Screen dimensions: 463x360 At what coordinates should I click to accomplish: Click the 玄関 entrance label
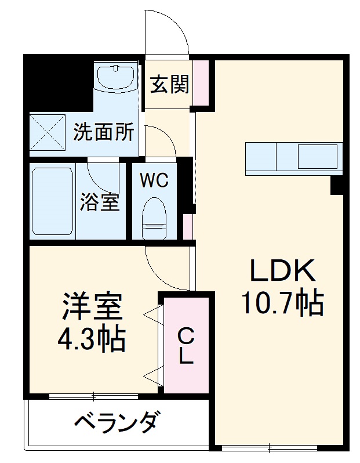[x=170, y=85]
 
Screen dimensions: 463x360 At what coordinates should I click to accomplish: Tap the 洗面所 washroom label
[x=104, y=132]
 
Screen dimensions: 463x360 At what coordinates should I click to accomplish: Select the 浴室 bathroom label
[x=100, y=202]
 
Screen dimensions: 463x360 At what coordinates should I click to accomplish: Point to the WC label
[x=154, y=180]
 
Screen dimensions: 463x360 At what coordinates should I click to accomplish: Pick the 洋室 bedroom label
[x=93, y=308]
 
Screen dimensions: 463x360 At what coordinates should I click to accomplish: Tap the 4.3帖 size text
[x=92, y=340]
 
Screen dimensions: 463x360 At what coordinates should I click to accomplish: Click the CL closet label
[x=186, y=346]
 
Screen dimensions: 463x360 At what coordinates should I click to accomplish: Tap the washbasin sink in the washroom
[x=116, y=78]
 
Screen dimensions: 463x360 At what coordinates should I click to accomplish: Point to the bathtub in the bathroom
[x=52, y=201]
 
